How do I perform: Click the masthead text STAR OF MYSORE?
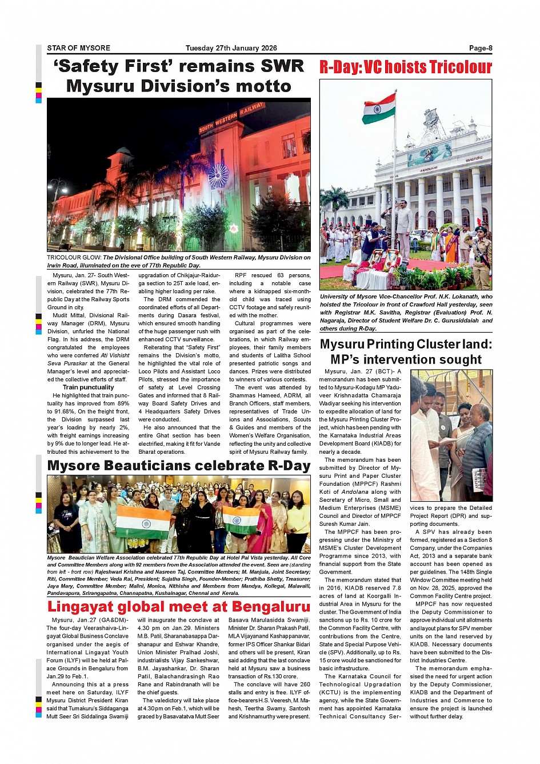coord(78,49)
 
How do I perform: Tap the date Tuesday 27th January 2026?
coord(231,49)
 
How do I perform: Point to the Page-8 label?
coord(480,49)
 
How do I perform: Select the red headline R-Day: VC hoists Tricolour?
coord(405,67)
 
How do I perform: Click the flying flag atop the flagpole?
coord(378,109)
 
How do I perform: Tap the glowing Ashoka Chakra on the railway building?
coord(218,176)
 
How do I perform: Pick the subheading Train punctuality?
coord(88,387)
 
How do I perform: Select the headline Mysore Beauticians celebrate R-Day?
coord(178,466)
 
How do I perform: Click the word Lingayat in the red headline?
coord(91,606)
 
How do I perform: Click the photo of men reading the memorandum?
coord(451,435)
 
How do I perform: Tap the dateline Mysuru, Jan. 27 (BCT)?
coord(359,371)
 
